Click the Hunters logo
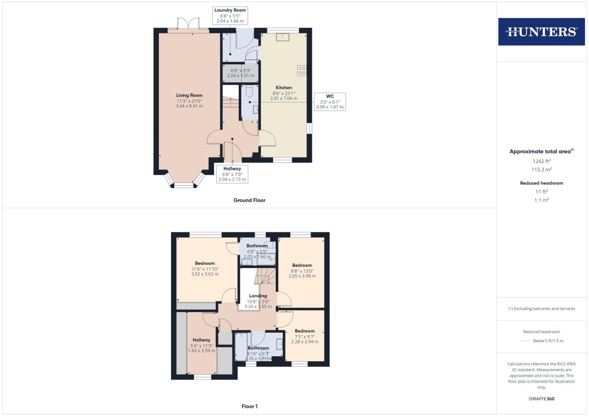[x=541, y=32]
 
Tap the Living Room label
[x=189, y=95]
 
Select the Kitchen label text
[x=284, y=87]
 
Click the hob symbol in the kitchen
[x=302, y=70]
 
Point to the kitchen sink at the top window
[x=284, y=37]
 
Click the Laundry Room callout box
[x=230, y=15]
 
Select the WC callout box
[x=330, y=102]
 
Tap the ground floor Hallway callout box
[x=232, y=174]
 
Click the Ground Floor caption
[x=249, y=200]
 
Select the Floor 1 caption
[x=249, y=406]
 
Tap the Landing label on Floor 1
[x=258, y=296]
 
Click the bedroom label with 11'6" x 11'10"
[x=205, y=263]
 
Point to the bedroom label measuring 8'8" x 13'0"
[x=302, y=265]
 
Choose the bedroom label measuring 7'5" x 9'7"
[x=305, y=331]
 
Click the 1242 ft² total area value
[x=541, y=161]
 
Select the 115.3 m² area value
[x=541, y=170]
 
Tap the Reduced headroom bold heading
[x=541, y=183]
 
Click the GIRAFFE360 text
[x=541, y=399]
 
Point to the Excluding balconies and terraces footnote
[x=541, y=309]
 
